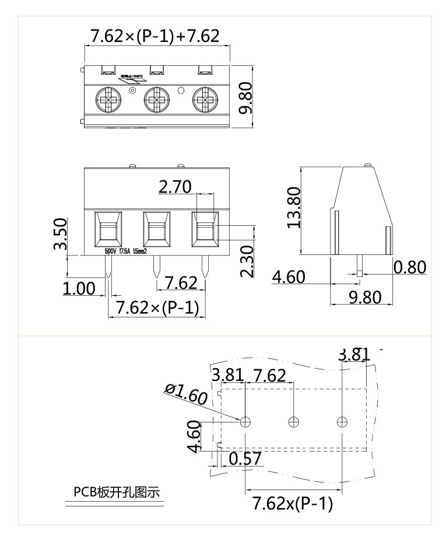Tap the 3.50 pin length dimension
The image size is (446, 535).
pyautogui.click(x=59, y=234)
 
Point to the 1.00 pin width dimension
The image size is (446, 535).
pyautogui.click(x=79, y=288)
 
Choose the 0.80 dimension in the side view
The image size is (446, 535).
pyautogui.click(x=410, y=267)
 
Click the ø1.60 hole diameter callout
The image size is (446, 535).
pyautogui.click(x=185, y=394)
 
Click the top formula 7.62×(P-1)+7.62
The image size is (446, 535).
pyautogui.click(x=154, y=36)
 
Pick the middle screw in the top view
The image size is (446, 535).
pyautogui.click(x=156, y=100)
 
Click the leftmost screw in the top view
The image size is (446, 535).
pyautogui.click(x=108, y=100)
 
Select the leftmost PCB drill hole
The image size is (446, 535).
pyautogui.click(x=246, y=421)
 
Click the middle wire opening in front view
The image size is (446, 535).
pyautogui.click(x=156, y=228)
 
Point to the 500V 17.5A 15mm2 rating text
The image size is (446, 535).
pyautogui.click(x=125, y=251)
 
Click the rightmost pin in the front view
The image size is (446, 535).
pyautogui.click(x=205, y=267)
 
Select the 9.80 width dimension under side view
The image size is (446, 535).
pyautogui.click(x=364, y=298)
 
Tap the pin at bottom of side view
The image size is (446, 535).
pyautogui.click(x=360, y=265)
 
